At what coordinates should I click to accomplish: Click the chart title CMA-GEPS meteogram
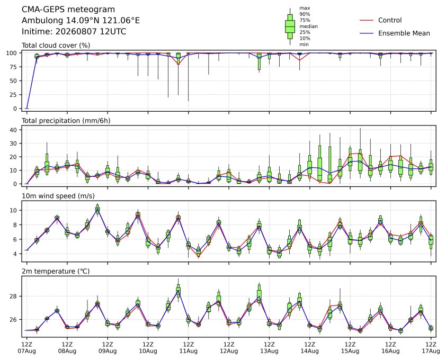pyautogui.click(x=68, y=10)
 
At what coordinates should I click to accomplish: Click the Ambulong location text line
pyautogui.click(x=81, y=21)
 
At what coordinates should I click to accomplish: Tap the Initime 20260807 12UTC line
pyautogui.click(x=74, y=31)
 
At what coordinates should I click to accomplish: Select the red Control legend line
pyautogui.click(x=367, y=20)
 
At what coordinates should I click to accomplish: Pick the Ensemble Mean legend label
pyautogui.click(x=404, y=33)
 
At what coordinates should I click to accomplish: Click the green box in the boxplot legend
pyautogui.click(x=290, y=26)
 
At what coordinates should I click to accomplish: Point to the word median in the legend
pyautogui.click(x=308, y=26)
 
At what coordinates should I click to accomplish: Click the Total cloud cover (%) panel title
pyautogui.click(x=56, y=46)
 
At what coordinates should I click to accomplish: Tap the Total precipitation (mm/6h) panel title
pyautogui.click(x=66, y=121)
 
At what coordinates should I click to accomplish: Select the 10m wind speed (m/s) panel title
pyautogui.click(x=58, y=196)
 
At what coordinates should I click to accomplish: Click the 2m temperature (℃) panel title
pyautogui.click(x=56, y=271)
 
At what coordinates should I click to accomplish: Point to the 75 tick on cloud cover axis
pyautogui.click(x=13, y=67)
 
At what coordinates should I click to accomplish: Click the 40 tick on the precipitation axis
pyautogui.click(x=13, y=130)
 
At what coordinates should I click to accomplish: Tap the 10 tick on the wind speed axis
pyautogui.click(x=13, y=210)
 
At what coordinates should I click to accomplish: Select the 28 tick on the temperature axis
pyautogui.click(x=13, y=296)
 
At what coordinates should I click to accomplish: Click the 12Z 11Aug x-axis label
pyautogui.click(x=188, y=348)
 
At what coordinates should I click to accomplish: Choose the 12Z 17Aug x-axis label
pyautogui.click(x=431, y=348)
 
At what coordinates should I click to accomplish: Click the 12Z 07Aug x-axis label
pyautogui.click(x=26, y=348)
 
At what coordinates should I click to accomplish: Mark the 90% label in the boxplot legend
pyautogui.click(x=305, y=14)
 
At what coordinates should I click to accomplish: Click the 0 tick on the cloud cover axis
pyautogui.click(x=15, y=109)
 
